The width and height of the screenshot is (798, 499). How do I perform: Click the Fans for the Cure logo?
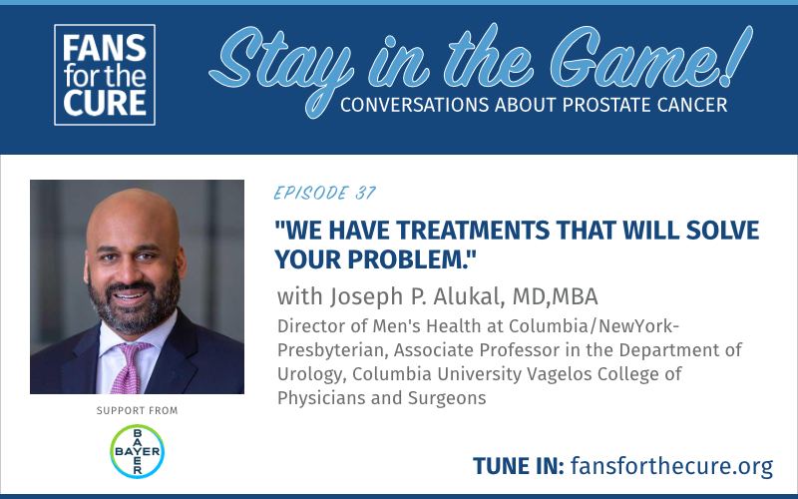point(105,75)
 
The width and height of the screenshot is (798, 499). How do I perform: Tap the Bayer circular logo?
point(137,451)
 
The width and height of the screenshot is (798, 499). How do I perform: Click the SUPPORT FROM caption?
point(137,410)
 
